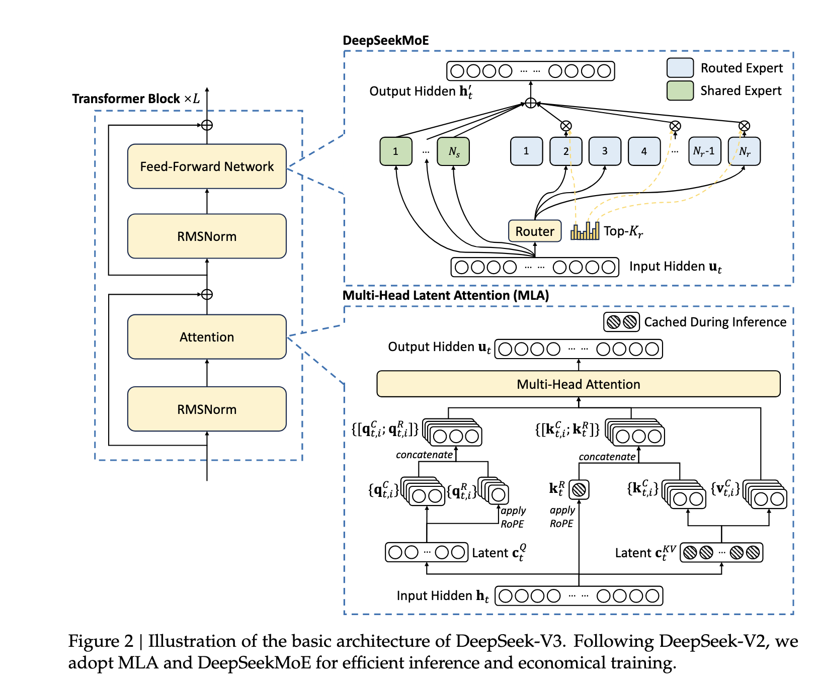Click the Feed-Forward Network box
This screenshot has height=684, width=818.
tap(207, 166)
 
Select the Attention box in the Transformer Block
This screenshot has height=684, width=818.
tap(207, 337)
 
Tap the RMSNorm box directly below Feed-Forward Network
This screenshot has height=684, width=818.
tap(207, 236)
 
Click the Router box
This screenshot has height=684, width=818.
tap(535, 231)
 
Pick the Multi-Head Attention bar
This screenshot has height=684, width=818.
tap(579, 384)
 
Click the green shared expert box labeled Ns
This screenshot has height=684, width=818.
tap(453, 151)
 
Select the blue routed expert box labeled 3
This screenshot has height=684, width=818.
tap(605, 151)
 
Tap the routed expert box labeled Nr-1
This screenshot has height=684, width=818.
tap(704, 151)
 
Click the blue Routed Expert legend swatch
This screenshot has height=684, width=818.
tap(680, 68)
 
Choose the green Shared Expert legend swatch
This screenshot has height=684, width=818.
tap(680, 91)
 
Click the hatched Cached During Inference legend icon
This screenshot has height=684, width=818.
tap(621, 322)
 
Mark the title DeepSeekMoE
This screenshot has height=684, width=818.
tap(386, 41)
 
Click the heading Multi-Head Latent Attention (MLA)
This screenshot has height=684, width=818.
tap(446, 295)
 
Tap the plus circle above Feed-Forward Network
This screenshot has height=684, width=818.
tap(207, 125)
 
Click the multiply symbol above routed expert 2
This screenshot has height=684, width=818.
tap(566, 126)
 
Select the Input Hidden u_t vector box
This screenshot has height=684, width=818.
tap(535, 267)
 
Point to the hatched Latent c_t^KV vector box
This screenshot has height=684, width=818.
tap(721, 553)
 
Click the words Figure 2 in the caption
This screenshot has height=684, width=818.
tap(101, 641)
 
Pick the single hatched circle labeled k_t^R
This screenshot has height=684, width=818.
tap(579, 489)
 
